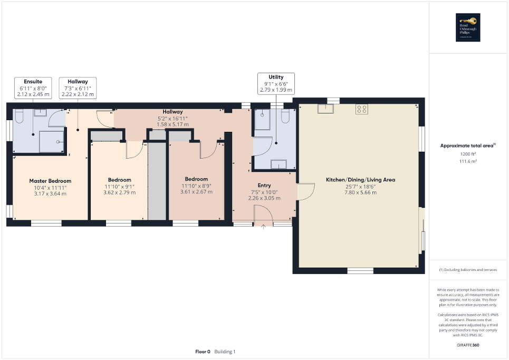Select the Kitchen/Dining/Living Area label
pos(360,180)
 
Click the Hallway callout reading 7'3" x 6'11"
pos(78,88)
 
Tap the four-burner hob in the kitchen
pos(362,110)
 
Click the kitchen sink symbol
pos(325,109)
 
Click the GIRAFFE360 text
pos(468,345)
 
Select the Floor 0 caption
pos(203,352)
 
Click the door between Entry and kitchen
pos(303,192)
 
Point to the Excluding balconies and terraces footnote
pos(468,270)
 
